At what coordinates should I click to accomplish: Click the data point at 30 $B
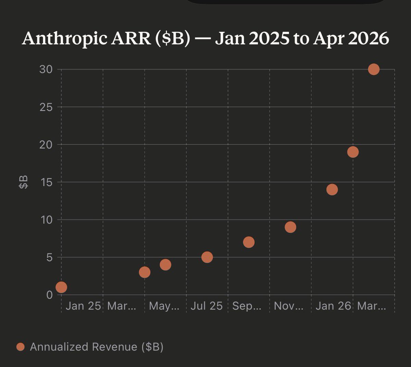click(374, 69)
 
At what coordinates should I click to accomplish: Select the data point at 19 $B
click(353, 152)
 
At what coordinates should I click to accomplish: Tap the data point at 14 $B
click(332, 189)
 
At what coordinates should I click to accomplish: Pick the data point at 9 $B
click(290, 227)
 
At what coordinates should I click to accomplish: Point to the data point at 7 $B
click(249, 242)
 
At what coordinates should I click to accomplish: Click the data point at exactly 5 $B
click(207, 257)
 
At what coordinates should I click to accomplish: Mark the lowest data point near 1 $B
click(61, 287)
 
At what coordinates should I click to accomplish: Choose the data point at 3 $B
click(145, 272)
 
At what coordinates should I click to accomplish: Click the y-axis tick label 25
click(45, 107)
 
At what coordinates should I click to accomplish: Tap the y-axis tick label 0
click(50, 295)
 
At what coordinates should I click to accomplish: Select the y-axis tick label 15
click(45, 182)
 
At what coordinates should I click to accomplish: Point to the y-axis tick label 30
click(45, 69)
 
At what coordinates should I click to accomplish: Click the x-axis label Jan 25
click(83, 306)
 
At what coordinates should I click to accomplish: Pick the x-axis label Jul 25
click(207, 306)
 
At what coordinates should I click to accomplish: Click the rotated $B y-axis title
click(24, 182)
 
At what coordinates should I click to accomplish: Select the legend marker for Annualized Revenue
click(21, 347)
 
